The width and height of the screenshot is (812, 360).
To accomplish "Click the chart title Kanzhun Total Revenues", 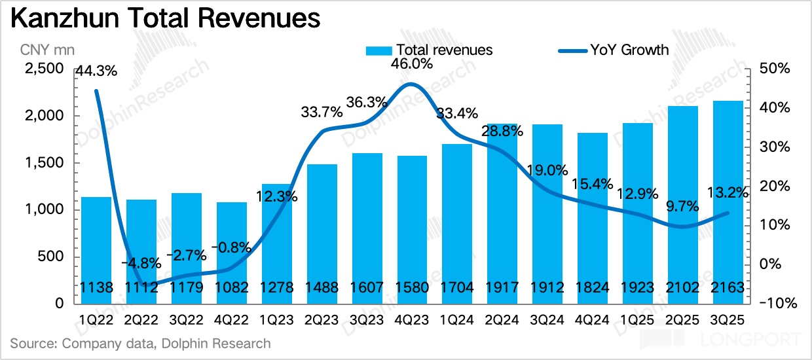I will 166,20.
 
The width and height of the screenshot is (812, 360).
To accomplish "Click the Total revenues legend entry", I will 430,50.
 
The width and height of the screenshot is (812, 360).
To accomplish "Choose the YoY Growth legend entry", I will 614,50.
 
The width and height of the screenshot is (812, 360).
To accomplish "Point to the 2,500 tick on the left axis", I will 43,69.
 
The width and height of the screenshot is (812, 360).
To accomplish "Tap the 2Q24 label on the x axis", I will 504,319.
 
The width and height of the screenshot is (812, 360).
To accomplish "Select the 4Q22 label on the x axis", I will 232,319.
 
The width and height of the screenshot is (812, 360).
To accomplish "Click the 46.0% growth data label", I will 412,64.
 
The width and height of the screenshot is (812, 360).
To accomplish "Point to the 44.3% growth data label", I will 96,71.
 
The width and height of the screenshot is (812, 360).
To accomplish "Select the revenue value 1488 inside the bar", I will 322,289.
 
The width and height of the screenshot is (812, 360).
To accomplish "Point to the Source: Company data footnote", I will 141,343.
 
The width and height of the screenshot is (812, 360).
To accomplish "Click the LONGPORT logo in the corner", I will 720,340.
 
